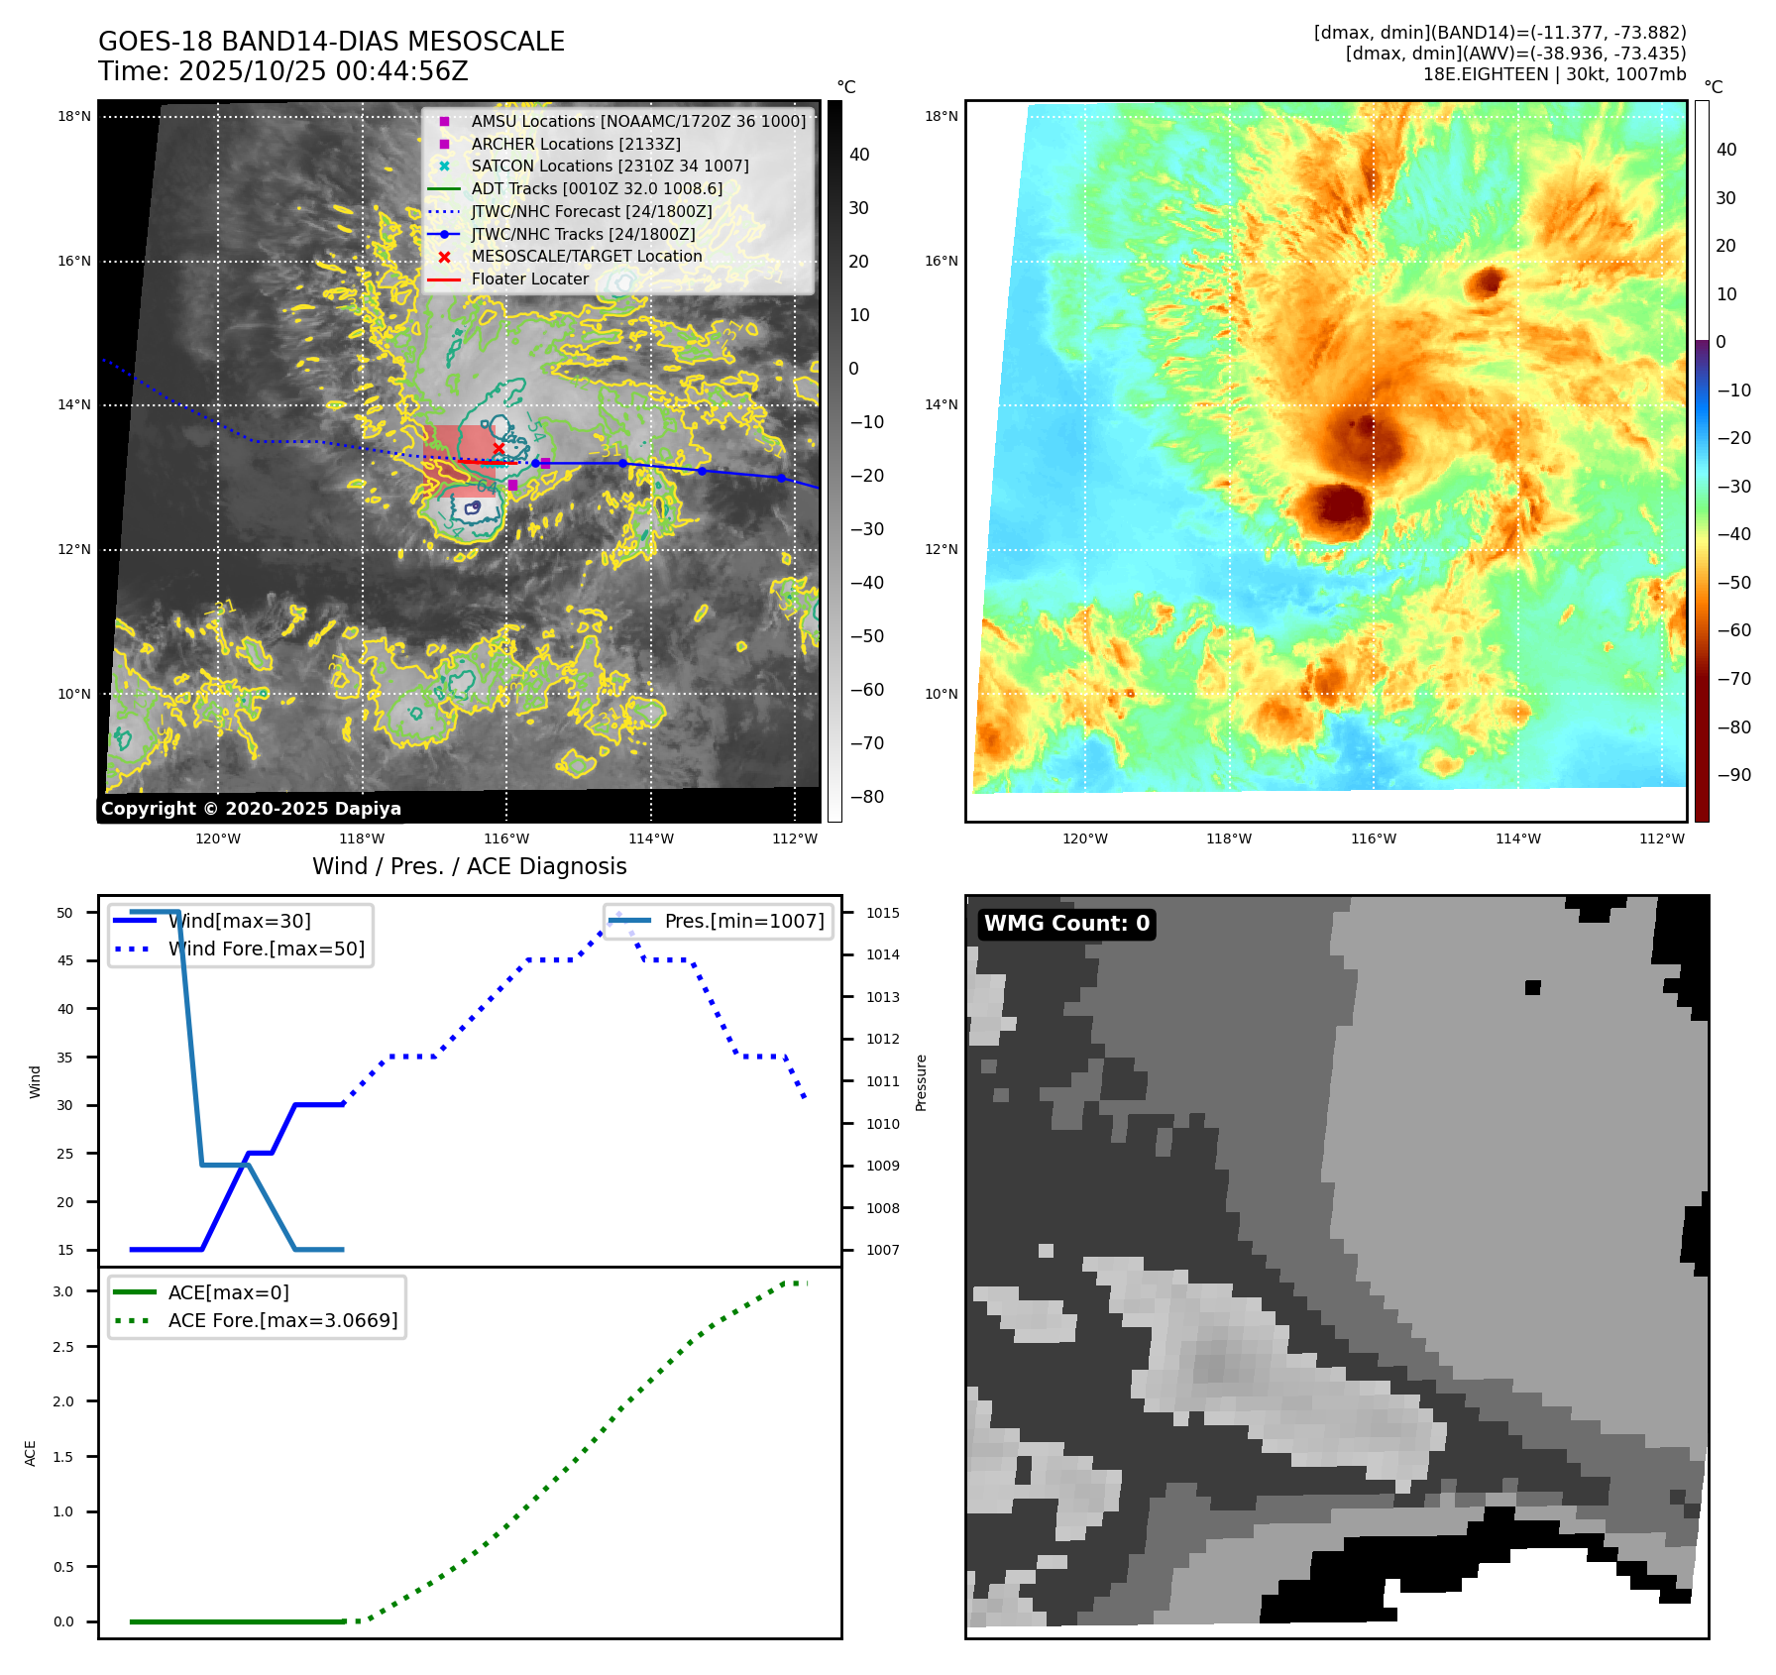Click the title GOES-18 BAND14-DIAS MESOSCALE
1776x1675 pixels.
[331, 42]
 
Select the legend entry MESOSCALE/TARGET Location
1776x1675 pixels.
[586, 256]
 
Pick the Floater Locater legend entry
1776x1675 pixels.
[529, 279]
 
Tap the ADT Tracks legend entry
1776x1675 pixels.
[597, 188]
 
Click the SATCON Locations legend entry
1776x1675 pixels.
[610, 166]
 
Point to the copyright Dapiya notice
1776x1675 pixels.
[251, 809]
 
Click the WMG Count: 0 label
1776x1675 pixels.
[1066, 924]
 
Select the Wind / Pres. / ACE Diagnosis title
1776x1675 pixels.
[469, 866]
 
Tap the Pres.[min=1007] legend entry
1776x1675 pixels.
[743, 921]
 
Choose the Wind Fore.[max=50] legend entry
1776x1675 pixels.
[266, 949]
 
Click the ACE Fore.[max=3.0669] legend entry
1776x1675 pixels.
[282, 1320]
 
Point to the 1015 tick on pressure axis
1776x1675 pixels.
[882, 913]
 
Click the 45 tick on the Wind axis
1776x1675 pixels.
[65, 960]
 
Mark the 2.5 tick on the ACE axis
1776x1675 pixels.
[63, 1347]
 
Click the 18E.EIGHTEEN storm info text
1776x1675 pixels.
[1553, 74]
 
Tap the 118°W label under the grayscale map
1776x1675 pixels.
[362, 838]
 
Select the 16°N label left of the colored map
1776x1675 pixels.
[942, 261]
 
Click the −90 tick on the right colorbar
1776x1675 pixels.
[1733, 775]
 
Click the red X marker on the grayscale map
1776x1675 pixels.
[499, 449]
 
